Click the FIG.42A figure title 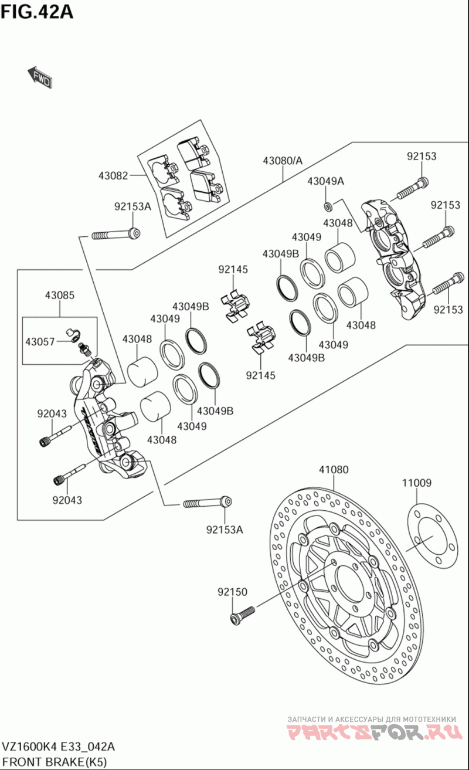coord(37,11)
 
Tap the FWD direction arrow coord(40,77)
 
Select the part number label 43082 coord(113,175)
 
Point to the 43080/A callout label coord(283,160)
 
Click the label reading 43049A coord(326,181)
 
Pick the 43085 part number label coord(59,296)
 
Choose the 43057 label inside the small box coord(40,341)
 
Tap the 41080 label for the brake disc coord(334,469)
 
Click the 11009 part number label coord(417,483)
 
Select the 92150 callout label coord(232,592)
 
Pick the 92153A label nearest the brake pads coord(132,206)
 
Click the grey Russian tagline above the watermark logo coord(371,718)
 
